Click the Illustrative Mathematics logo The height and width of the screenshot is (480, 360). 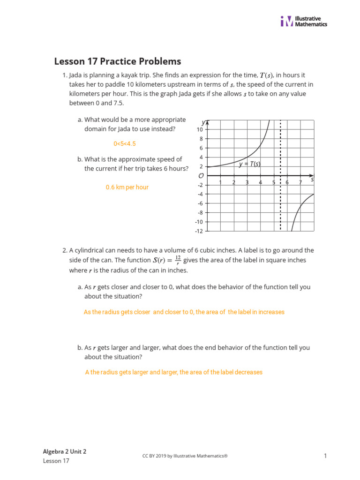tap(304, 21)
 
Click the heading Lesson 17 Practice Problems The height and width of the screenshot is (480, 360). tap(118, 61)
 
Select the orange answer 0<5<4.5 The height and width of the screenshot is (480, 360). tap(125, 144)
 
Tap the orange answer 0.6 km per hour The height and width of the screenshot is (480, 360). tap(127, 187)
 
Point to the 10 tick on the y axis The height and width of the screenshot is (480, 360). tap(200, 129)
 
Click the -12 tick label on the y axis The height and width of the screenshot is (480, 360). tap(199, 231)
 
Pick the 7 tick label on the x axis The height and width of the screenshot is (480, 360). tap(300, 182)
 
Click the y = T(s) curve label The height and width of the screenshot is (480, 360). tap(249, 164)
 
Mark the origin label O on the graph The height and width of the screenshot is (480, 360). tap(201, 176)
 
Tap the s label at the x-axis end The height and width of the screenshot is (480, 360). tap(312, 180)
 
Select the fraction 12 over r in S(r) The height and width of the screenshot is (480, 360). tap(178, 260)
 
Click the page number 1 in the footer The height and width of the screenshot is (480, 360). tap(325, 456)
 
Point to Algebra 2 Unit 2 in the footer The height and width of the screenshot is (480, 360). tap(65, 451)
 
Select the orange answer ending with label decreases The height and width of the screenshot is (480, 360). tap(174, 372)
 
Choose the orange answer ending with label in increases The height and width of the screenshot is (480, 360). tap(184, 312)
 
